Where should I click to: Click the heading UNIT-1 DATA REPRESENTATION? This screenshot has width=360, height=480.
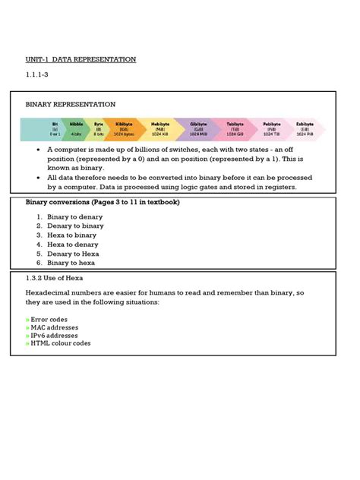tap(81, 59)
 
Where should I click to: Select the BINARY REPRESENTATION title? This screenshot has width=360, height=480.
tap(71, 104)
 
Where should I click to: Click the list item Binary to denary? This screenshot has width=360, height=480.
tap(74, 217)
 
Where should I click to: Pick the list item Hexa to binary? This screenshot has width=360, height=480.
tap(71, 235)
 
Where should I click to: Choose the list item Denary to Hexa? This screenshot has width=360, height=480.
tap(73, 254)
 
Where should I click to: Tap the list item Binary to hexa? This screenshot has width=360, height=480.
tap(71, 263)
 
